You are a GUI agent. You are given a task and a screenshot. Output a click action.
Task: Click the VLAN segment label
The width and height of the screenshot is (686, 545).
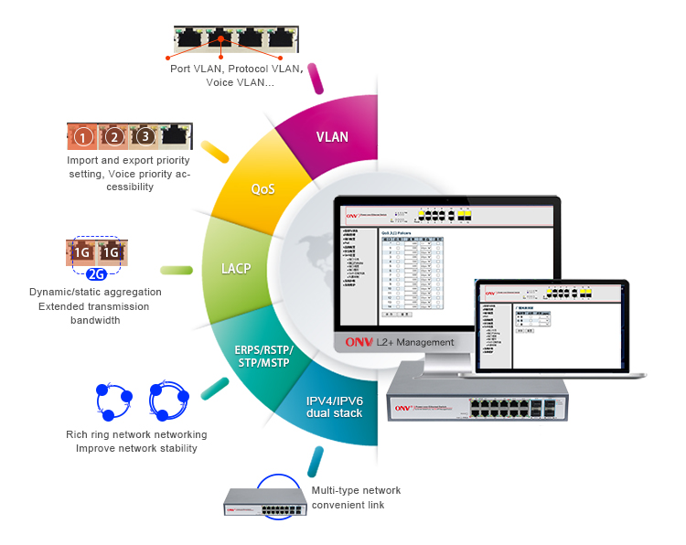[x=332, y=137]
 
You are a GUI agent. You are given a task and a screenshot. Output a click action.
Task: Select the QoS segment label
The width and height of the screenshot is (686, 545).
[x=263, y=189]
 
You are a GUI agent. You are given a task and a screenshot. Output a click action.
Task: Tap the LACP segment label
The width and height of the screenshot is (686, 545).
[x=236, y=269]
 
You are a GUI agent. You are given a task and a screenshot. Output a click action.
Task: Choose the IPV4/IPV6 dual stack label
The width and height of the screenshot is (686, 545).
[x=335, y=407]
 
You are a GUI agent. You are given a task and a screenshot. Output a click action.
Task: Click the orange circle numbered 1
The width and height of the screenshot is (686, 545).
[x=83, y=138]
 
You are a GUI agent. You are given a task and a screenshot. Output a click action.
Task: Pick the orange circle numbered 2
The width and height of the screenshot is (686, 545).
[x=113, y=138]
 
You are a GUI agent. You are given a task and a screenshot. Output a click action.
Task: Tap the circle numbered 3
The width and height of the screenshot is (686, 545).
[x=144, y=138]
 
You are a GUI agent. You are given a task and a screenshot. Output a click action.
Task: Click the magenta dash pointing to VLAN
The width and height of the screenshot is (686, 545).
[x=316, y=78]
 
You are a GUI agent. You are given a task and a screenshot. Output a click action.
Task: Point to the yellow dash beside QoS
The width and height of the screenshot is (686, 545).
[x=215, y=152]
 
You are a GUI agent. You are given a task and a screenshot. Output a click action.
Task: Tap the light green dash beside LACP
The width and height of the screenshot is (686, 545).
[x=177, y=270]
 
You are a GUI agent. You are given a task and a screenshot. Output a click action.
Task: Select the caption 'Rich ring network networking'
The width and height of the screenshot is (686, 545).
[x=136, y=434]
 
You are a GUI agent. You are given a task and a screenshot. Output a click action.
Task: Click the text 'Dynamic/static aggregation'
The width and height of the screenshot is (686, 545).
[x=96, y=293]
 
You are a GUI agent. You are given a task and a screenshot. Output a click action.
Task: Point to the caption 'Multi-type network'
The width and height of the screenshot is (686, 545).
[x=356, y=490]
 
